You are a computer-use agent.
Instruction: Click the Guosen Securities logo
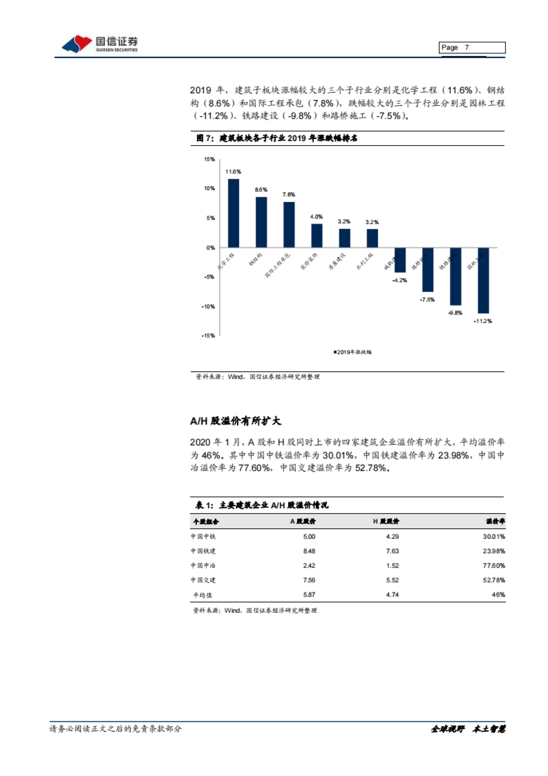(100, 44)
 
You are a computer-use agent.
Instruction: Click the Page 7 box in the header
(472, 48)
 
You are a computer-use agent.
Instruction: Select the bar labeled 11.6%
(233, 213)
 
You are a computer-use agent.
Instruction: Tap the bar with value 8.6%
(261, 222)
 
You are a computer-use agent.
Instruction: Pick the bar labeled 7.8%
(289, 224)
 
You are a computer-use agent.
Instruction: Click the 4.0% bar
(316, 235)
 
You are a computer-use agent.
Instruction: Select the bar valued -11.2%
(483, 280)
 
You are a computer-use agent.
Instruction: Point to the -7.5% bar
(427, 270)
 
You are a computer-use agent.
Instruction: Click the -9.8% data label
(455, 313)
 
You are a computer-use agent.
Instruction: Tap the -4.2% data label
(400, 280)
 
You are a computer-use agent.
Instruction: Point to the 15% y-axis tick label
(209, 159)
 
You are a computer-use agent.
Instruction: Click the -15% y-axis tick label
(208, 335)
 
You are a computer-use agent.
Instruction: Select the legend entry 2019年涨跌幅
(353, 352)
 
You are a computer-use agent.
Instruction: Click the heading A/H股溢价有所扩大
(236, 421)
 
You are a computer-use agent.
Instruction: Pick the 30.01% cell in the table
(494, 537)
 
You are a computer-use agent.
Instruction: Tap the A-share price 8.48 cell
(309, 551)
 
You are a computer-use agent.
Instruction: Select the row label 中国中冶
(203, 566)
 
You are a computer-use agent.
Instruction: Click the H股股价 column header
(386, 521)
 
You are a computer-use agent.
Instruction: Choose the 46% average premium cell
(498, 595)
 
